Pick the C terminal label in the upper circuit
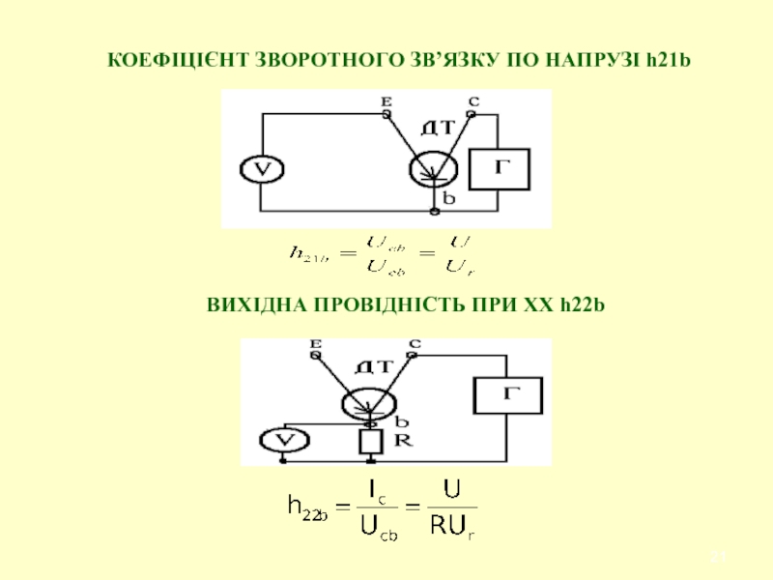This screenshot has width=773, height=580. click(473, 101)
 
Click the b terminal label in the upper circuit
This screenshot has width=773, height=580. click(447, 196)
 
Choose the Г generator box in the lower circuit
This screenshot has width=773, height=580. click(507, 394)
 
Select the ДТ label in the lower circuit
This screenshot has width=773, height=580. click(373, 366)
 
